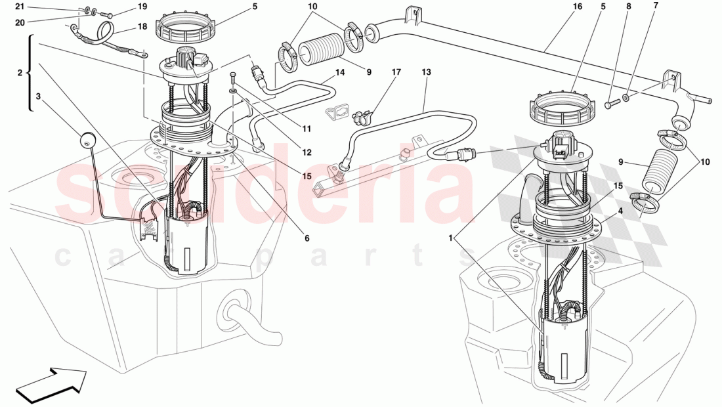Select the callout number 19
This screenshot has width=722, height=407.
click(142, 7)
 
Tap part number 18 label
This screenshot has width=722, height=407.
click(142, 27)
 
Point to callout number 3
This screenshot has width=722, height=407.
click(38, 96)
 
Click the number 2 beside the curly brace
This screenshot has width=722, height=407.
click(19, 73)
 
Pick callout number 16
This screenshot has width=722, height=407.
click(577, 7)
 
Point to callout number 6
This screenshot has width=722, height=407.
click(306, 238)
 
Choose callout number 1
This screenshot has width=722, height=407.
click(451, 239)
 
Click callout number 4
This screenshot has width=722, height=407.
click(620, 211)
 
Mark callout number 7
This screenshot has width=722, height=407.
click(654, 7)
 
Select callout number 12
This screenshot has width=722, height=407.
click(306, 152)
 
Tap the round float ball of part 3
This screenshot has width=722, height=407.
click(87, 139)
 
